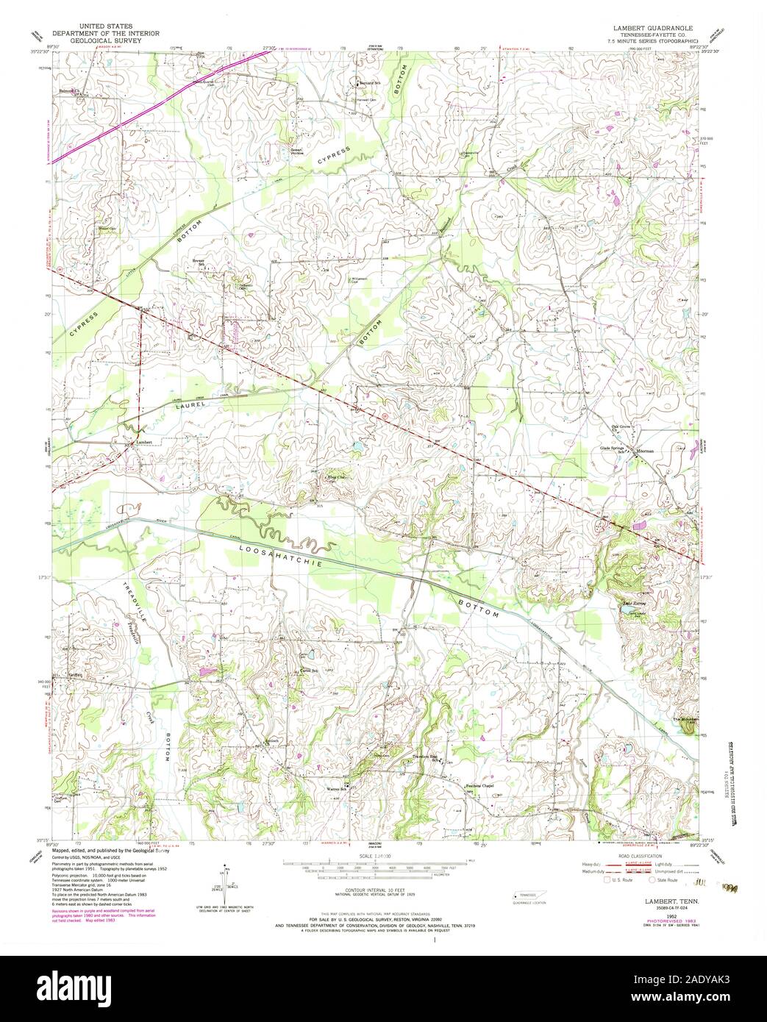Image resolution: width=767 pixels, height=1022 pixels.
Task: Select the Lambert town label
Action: click(x=144, y=442)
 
